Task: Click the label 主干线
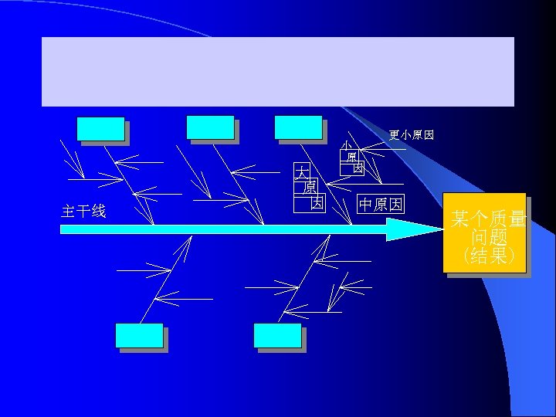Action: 83,212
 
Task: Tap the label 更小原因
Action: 411,135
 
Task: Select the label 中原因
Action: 380,205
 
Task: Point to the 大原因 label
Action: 308,187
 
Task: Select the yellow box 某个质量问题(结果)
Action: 486,234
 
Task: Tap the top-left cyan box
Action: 100,129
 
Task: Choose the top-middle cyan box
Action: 210,128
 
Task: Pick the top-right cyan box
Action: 298,128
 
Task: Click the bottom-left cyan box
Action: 139,336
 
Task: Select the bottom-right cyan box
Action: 277,336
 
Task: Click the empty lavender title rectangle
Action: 277,71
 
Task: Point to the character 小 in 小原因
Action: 347,145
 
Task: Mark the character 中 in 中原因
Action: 366,205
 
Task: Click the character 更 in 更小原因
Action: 395,135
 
